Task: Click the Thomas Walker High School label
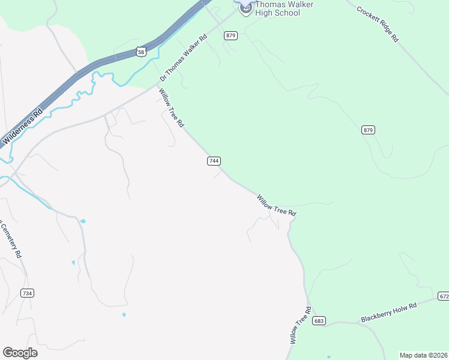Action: click(x=277, y=8)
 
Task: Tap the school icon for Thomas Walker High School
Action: click(x=245, y=10)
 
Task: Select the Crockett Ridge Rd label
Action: click(x=378, y=24)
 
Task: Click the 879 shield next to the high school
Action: click(x=231, y=36)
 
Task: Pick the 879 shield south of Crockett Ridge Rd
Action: click(x=369, y=130)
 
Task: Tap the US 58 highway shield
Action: click(x=140, y=52)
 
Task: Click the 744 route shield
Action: click(x=214, y=161)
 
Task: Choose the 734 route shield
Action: click(x=27, y=293)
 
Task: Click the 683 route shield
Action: click(x=319, y=320)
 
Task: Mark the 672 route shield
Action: click(x=443, y=296)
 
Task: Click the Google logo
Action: click(x=20, y=353)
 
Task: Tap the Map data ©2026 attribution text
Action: click(x=423, y=355)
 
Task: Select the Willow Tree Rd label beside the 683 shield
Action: click(x=301, y=325)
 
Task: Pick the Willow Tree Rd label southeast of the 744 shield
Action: click(x=276, y=205)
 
